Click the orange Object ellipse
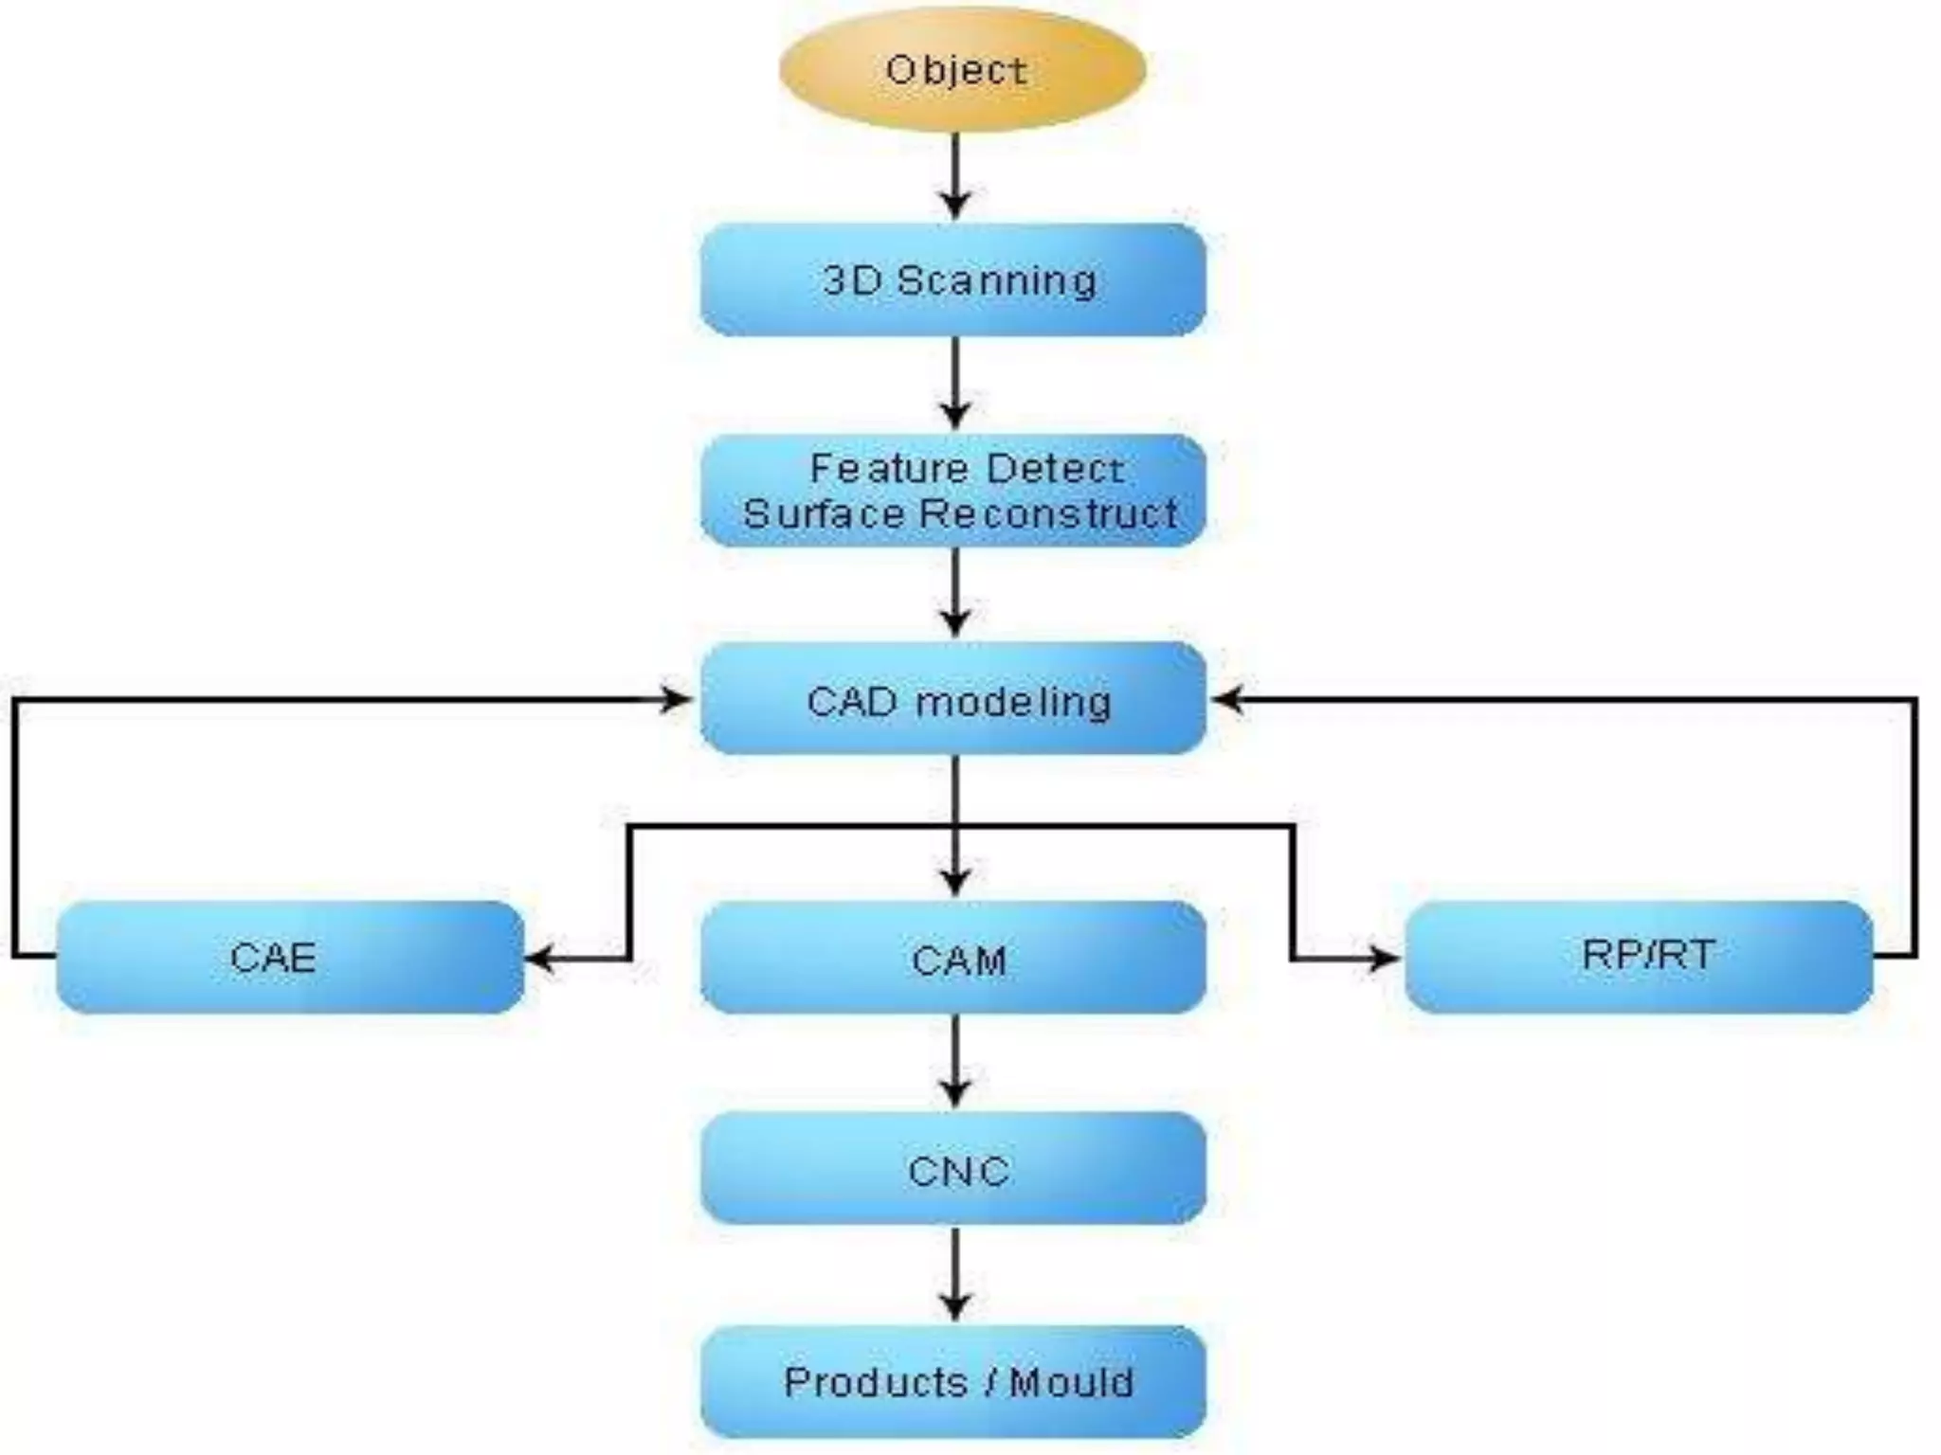(x=962, y=70)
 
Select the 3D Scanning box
(x=953, y=280)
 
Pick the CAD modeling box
(x=953, y=699)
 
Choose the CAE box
(x=290, y=957)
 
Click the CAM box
(x=953, y=958)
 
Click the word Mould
(x=1072, y=1383)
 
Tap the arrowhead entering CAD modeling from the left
(x=678, y=700)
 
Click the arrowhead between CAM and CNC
(x=955, y=1092)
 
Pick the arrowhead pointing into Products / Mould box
(x=955, y=1306)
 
